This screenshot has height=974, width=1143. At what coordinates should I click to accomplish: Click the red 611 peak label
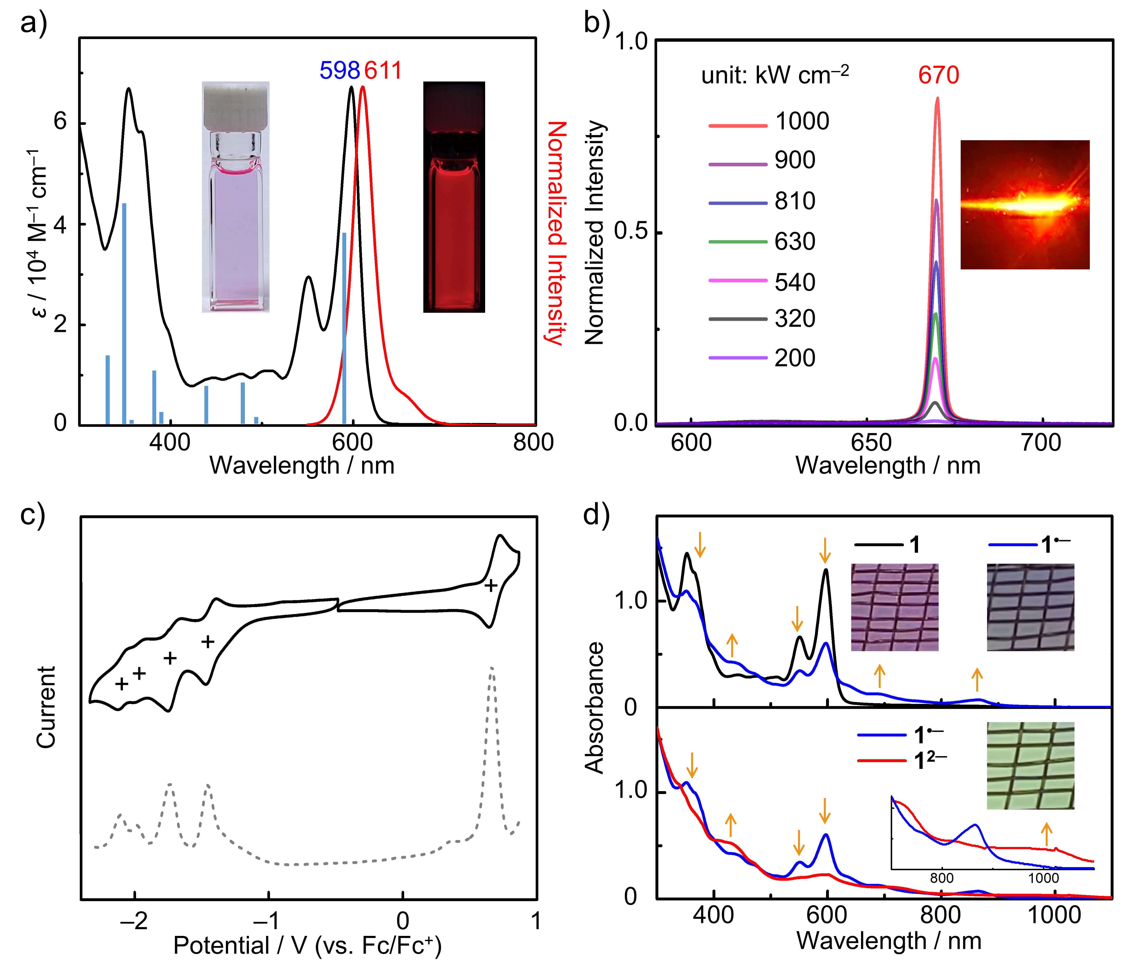[383, 71]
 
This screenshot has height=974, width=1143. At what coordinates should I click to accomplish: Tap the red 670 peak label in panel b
[938, 75]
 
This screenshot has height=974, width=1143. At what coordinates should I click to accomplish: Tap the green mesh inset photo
[1030, 765]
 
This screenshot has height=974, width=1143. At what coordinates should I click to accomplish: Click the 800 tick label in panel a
[533, 443]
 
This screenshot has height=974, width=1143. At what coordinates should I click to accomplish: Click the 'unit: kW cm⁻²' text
[775, 75]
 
